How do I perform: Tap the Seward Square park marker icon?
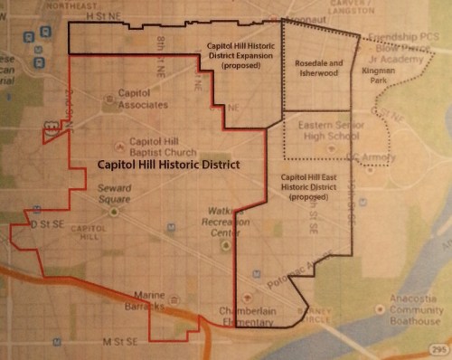pyautogui.click(x=115, y=211)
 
